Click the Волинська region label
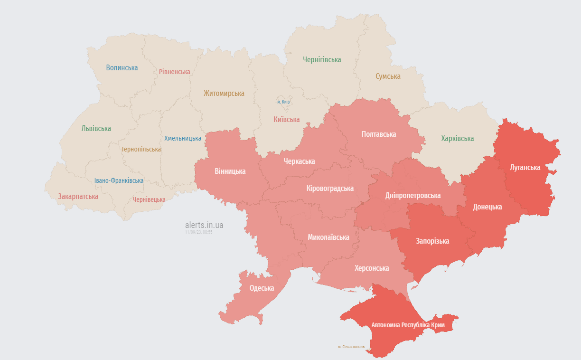[122, 68]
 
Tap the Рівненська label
[174, 72]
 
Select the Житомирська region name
[224, 94]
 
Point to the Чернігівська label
[322, 60]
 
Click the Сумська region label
[388, 76]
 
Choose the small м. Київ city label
[283, 102]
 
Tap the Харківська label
[457, 139]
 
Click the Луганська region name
[525, 168]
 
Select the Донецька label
[487, 207]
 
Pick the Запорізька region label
[432, 241]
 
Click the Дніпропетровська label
[412, 196]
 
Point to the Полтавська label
[378, 134]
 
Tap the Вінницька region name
[230, 171]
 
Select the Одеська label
[262, 288]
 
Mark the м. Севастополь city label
[351, 347]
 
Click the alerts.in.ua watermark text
[204, 225]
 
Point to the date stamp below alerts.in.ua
[198, 232]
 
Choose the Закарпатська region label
[78, 196]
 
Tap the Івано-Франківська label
[119, 181]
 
